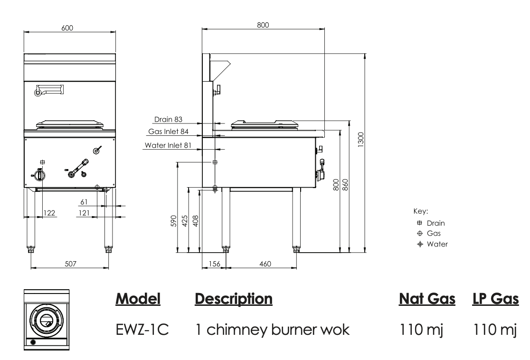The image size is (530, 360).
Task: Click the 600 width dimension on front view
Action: tap(67, 28)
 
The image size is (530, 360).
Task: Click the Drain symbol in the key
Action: tap(419, 223)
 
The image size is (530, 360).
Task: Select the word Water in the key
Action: tap(437, 244)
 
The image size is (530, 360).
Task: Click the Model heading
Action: tap(138, 299)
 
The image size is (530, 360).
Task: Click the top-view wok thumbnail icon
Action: tap(46, 320)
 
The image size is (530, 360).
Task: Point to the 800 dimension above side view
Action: tap(263, 25)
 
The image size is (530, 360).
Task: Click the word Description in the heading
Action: tap(234, 299)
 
